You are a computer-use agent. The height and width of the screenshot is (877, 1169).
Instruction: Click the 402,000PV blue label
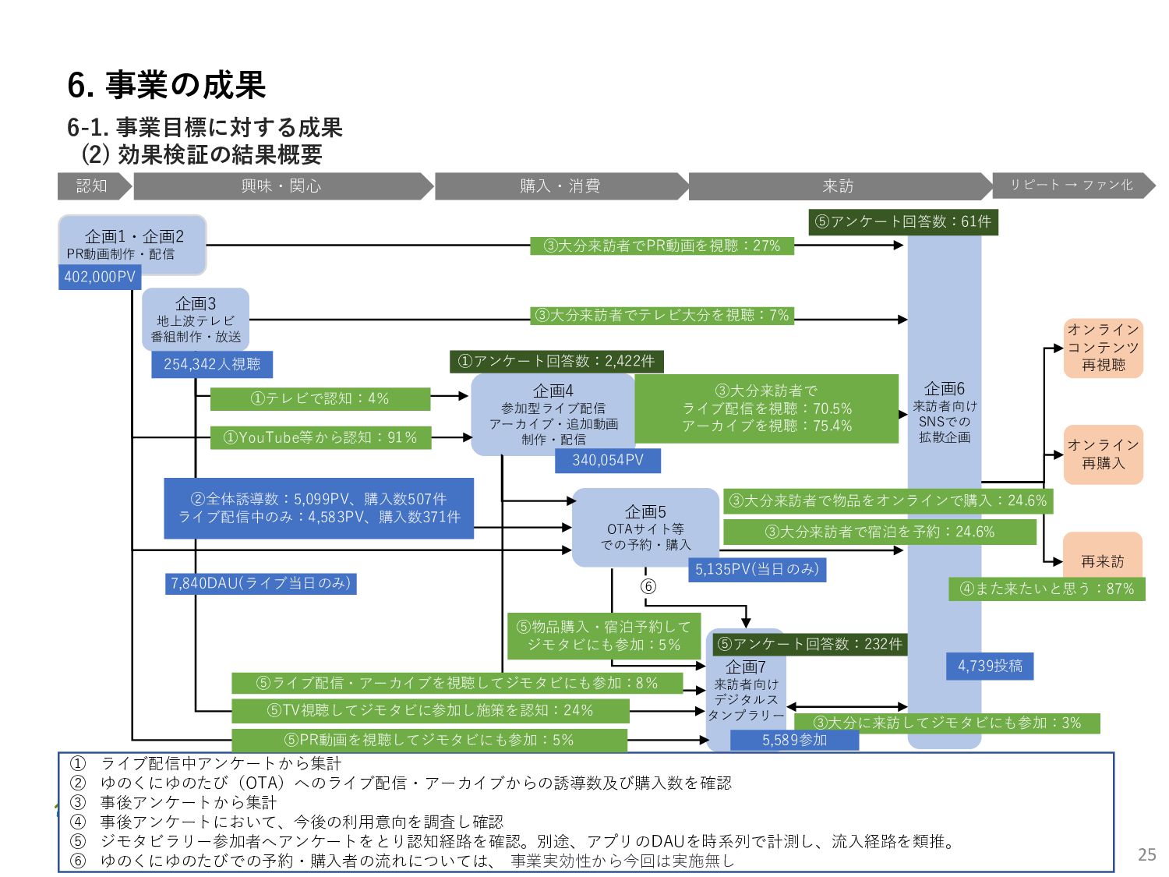[100, 277]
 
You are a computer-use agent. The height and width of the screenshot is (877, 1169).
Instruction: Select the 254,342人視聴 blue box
[212, 364]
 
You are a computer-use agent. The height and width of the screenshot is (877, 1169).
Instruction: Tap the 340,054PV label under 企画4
[608, 460]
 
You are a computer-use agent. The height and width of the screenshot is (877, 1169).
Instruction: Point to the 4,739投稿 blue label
[990, 666]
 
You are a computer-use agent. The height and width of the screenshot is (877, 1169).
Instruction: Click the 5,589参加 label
[794, 740]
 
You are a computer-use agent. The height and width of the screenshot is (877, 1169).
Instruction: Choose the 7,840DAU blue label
[260, 583]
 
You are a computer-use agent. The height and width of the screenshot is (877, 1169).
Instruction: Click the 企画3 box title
[196, 303]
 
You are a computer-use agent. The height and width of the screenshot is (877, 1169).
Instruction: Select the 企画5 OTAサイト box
[645, 527]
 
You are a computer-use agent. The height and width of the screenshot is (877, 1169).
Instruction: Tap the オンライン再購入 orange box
[1103, 454]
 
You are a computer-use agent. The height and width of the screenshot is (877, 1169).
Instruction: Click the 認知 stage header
[92, 186]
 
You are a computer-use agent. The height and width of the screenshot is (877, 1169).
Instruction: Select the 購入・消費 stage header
[560, 186]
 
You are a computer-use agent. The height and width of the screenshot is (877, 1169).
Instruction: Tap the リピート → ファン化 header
[1072, 185]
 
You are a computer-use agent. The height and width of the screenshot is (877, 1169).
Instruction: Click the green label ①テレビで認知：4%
[320, 398]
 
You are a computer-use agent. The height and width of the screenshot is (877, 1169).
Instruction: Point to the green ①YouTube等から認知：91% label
[320, 437]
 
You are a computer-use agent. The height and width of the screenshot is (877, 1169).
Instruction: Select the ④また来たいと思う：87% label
[1047, 589]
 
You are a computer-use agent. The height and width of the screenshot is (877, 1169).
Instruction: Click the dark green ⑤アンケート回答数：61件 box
[903, 221]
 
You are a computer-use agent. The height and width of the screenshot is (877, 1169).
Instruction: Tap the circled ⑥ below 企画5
[648, 586]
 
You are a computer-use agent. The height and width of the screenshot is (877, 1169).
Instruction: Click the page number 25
[1146, 854]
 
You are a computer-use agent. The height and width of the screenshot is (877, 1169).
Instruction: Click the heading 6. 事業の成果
[167, 85]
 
